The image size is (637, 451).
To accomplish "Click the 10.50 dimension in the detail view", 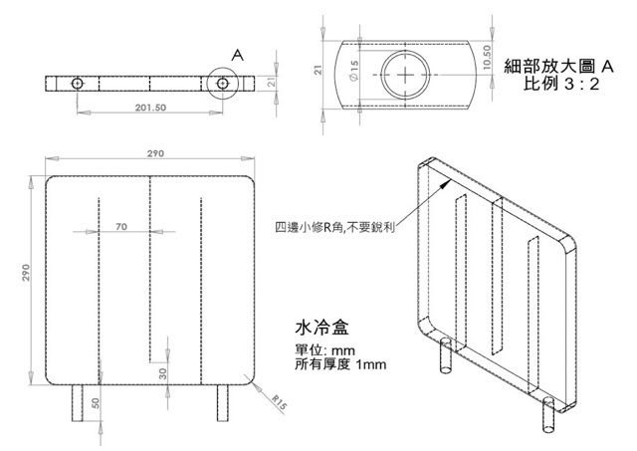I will (487, 57).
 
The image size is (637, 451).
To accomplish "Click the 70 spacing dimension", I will (121, 228).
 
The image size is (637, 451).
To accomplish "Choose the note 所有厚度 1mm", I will (340, 364).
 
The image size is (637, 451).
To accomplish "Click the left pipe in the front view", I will (79, 404).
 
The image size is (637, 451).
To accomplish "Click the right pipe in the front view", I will (222, 404).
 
